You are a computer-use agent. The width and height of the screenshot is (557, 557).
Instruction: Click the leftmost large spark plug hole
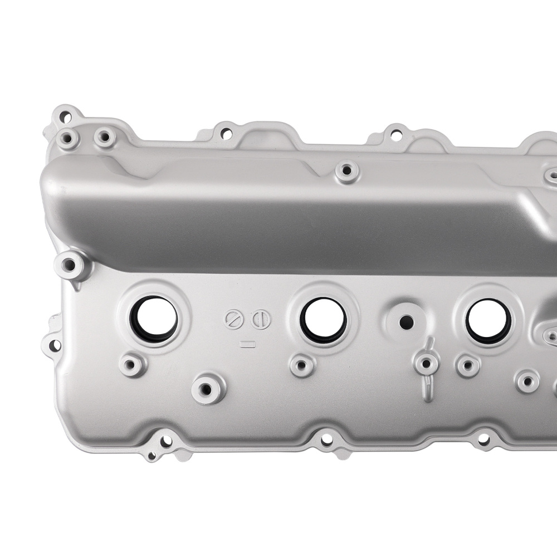(154, 319)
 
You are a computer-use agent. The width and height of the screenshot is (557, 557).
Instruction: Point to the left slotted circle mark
(233, 320)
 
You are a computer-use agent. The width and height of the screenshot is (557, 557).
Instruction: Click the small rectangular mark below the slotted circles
(246, 344)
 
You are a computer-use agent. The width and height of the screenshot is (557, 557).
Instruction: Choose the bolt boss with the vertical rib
(426, 364)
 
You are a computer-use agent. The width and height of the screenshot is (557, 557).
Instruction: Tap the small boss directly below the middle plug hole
(302, 365)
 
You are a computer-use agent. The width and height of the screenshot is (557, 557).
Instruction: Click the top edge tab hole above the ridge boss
(395, 134)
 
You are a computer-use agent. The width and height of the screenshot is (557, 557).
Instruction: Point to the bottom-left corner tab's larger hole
(165, 443)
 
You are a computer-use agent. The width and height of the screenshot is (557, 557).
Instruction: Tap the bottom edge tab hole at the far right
(483, 440)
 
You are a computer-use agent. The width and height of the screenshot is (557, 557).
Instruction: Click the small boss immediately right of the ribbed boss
(467, 365)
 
